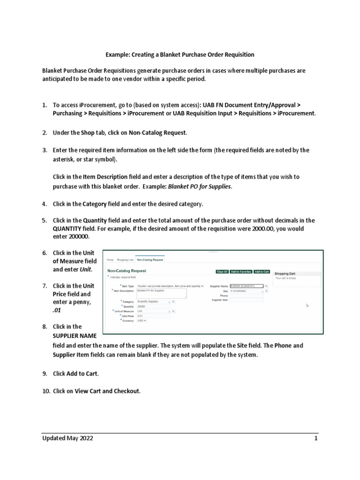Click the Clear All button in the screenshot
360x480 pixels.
point(222,271)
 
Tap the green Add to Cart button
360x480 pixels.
point(262,271)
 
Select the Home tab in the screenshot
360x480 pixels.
point(110,259)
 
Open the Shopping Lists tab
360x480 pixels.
point(125,259)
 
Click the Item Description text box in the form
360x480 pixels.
point(161,293)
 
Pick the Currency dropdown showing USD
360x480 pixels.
point(142,321)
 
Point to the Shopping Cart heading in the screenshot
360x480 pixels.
point(285,273)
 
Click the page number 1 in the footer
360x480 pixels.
point(316,438)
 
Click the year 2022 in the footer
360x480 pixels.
point(85,438)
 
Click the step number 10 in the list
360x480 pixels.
point(45,390)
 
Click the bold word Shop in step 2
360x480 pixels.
point(87,133)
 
